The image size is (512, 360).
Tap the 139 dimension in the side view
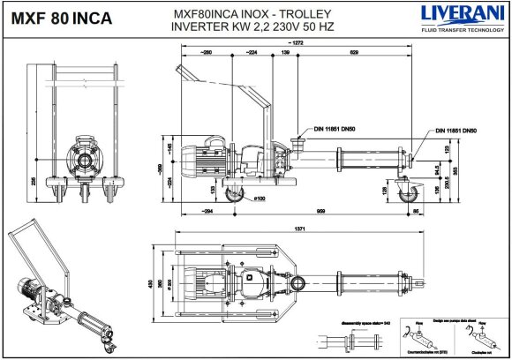coord(285,54)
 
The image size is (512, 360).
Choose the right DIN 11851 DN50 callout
coord(456,131)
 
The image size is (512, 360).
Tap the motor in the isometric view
coord(29,287)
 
